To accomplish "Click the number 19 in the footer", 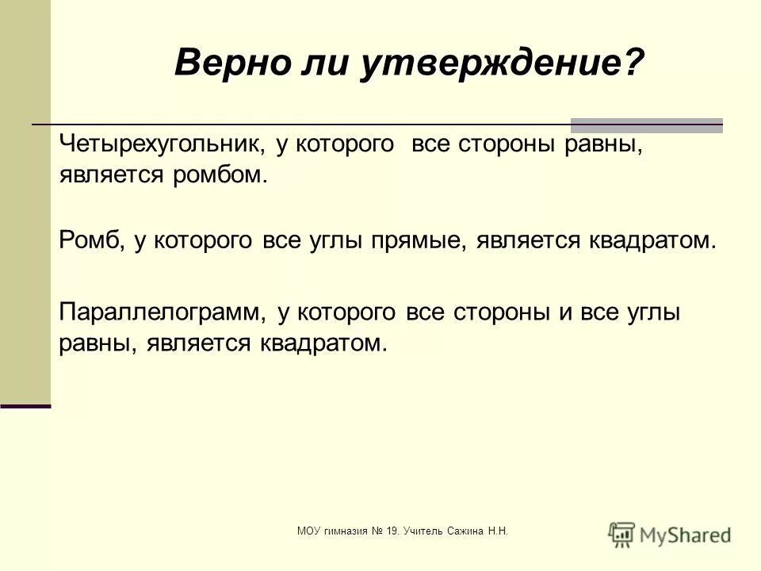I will click(x=390, y=531).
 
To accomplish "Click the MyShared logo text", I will click(x=685, y=535).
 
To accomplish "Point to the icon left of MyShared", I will click(x=622, y=533).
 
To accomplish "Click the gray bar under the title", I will click(x=647, y=125).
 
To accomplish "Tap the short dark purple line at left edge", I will click(x=25, y=406).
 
